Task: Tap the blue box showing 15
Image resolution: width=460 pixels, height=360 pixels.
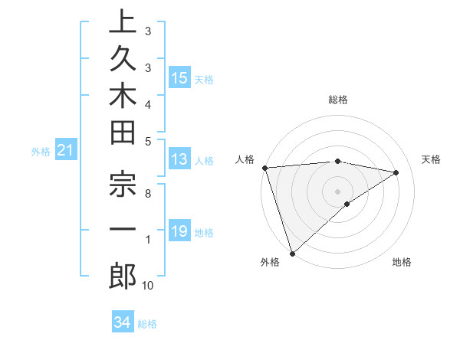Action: (x=179, y=78)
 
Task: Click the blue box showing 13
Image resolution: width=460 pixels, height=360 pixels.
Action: (x=179, y=159)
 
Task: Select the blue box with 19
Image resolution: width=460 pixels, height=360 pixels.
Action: (x=179, y=231)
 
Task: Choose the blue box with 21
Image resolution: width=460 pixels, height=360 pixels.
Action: (x=66, y=151)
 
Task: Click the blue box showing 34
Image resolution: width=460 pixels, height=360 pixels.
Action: (x=122, y=322)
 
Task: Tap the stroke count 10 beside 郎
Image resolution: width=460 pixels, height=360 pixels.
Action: (x=147, y=286)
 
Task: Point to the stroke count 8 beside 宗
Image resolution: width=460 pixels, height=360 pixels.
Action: (x=147, y=194)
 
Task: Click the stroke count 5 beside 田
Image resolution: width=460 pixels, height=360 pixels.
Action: (x=147, y=140)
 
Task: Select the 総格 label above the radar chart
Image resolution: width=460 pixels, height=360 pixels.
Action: (x=337, y=100)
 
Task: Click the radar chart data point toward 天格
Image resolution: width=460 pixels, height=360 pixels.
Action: (x=396, y=172)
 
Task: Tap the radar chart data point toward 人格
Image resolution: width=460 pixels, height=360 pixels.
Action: (x=264, y=168)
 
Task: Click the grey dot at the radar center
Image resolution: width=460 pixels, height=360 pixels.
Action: (x=337, y=191)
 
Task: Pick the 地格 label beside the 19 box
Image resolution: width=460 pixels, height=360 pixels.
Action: (x=205, y=233)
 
